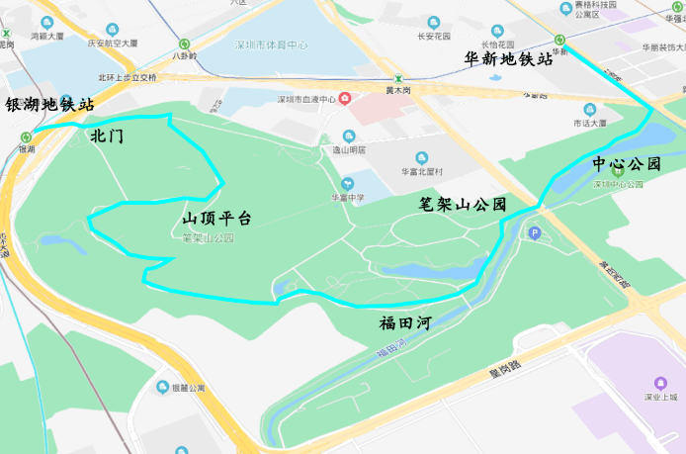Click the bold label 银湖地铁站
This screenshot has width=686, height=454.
click(x=50, y=104)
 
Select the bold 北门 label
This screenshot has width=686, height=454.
click(x=107, y=136)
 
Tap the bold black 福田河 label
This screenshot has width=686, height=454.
click(x=404, y=322)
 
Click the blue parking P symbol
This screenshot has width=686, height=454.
click(x=535, y=233)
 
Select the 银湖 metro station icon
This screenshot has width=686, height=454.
click(x=26, y=137)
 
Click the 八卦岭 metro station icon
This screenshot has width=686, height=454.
click(x=185, y=44)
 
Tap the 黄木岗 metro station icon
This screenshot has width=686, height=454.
click(x=398, y=79)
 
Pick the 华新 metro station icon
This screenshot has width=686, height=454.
click(x=559, y=41)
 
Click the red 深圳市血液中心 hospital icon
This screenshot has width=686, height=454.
click(x=344, y=98)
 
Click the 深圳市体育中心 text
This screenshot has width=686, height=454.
click(x=271, y=45)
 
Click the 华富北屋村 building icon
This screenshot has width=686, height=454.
click(x=422, y=157)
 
